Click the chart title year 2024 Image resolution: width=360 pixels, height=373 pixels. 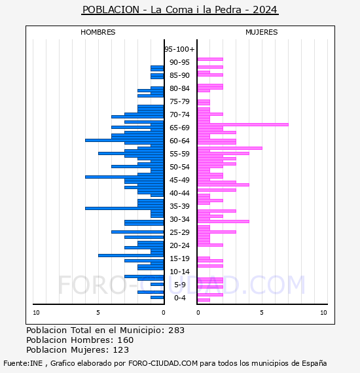coord(265,10)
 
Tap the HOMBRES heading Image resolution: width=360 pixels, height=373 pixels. coord(98,32)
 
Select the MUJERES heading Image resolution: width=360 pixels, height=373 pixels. coord(262,32)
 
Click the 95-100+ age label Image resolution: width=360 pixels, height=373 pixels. coord(179,49)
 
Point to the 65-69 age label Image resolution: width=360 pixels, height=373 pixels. coord(179,128)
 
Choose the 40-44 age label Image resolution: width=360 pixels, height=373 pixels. coord(179,193)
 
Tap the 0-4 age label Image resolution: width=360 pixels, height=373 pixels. coord(180,298)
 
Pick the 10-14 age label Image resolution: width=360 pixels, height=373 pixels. coord(179,272)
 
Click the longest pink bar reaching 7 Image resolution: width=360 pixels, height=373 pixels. coord(243,124)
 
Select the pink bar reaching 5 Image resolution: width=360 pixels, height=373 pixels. coord(230,148)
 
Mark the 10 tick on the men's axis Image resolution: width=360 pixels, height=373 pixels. coord(36,313)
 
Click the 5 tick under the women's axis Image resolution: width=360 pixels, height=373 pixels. coord(262,313)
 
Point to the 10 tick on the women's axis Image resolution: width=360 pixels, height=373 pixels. coord(323,313)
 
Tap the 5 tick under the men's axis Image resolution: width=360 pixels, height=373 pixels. coord(98,313)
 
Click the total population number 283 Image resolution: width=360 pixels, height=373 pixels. coord(176,330)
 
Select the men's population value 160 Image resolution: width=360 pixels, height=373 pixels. coord(126,340)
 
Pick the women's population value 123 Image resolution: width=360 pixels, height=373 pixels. coord(121,350)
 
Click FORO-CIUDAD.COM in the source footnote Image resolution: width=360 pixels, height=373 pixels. coord(163,363)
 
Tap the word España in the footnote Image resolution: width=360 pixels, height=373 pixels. coord(314,363)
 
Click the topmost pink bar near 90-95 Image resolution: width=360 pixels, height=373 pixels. coord(210,60)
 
